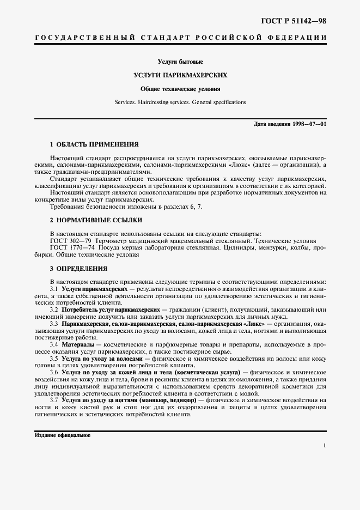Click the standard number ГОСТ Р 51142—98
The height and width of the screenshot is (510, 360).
click(x=295, y=21)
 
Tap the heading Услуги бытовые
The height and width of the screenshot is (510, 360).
click(x=180, y=62)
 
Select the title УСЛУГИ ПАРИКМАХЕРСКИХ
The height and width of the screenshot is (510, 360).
click(x=180, y=75)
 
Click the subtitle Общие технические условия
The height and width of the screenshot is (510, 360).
click(x=180, y=88)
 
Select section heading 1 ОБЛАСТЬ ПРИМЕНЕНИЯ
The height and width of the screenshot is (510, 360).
click(x=94, y=145)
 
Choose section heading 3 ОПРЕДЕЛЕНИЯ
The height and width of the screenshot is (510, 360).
click(x=78, y=269)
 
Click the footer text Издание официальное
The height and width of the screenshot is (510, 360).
click(x=62, y=435)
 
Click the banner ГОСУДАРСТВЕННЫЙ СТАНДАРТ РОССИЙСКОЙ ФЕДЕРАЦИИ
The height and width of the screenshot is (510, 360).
click(x=180, y=37)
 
